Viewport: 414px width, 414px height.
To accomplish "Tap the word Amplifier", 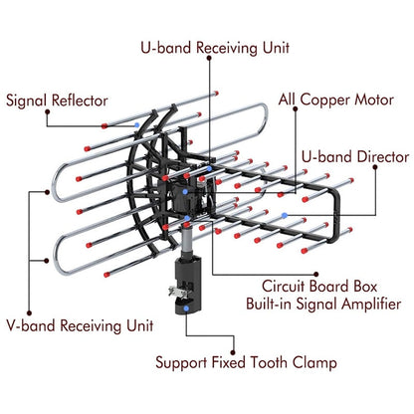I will point(367,305).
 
